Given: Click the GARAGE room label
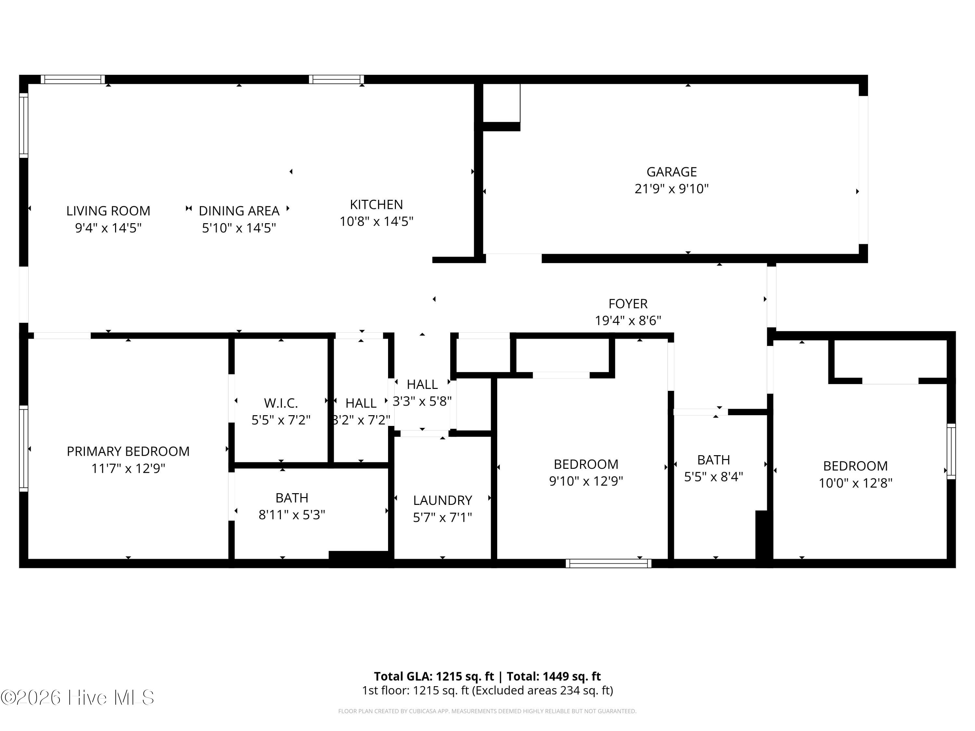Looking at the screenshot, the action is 671,172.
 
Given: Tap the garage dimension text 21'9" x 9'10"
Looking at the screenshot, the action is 671,188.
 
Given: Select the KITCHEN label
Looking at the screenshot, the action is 376,204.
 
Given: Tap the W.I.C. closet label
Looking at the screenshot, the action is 281,403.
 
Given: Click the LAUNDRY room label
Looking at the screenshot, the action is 443,501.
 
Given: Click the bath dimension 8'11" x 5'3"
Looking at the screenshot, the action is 292,515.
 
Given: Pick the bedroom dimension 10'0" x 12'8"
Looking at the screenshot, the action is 855,483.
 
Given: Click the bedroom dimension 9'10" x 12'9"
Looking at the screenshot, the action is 586,481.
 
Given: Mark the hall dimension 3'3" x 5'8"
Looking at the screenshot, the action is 422,402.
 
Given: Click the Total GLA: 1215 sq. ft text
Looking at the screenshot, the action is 434,676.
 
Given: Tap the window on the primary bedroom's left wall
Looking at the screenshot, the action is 23,449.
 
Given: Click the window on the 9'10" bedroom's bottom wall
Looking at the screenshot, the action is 608,563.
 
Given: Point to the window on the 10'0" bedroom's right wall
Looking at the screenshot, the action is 951,452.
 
